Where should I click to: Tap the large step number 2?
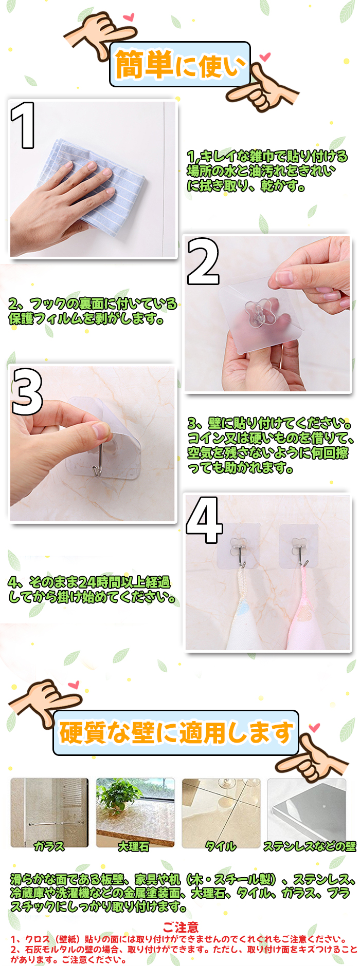[x=203, y=261]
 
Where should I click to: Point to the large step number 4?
[x=204, y=520]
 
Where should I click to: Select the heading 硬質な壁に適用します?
[x=176, y=732]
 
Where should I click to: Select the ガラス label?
[x=49, y=846]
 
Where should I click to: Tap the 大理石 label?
[x=134, y=846]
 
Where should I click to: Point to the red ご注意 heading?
[x=181, y=927]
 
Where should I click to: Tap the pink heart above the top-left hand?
[x=128, y=17]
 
